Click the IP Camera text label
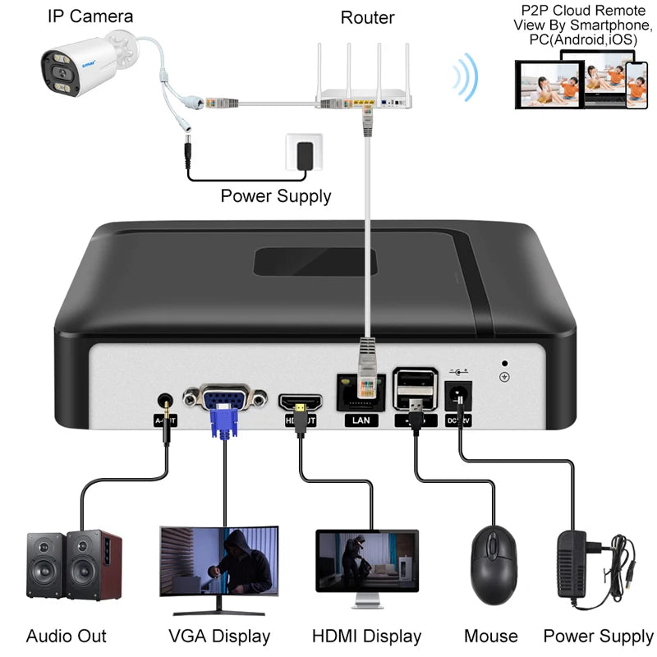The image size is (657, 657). (x=90, y=16)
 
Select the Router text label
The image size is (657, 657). (x=367, y=17)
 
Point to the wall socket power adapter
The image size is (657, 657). (x=303, y=154)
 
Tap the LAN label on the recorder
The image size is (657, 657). (x=361, y=420)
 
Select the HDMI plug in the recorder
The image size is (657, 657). (x=303, y=416)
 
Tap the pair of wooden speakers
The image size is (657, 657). (x=74, y=567)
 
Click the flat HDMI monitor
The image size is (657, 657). (x=367, y=567)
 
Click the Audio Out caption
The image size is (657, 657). (x=67, y=636)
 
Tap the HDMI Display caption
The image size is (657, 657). (x=366, y=636)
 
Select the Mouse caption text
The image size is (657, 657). (x=491, y=636)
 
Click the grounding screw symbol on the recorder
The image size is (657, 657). (x=503, y=377)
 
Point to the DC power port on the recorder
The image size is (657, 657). (x=458, y=397)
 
